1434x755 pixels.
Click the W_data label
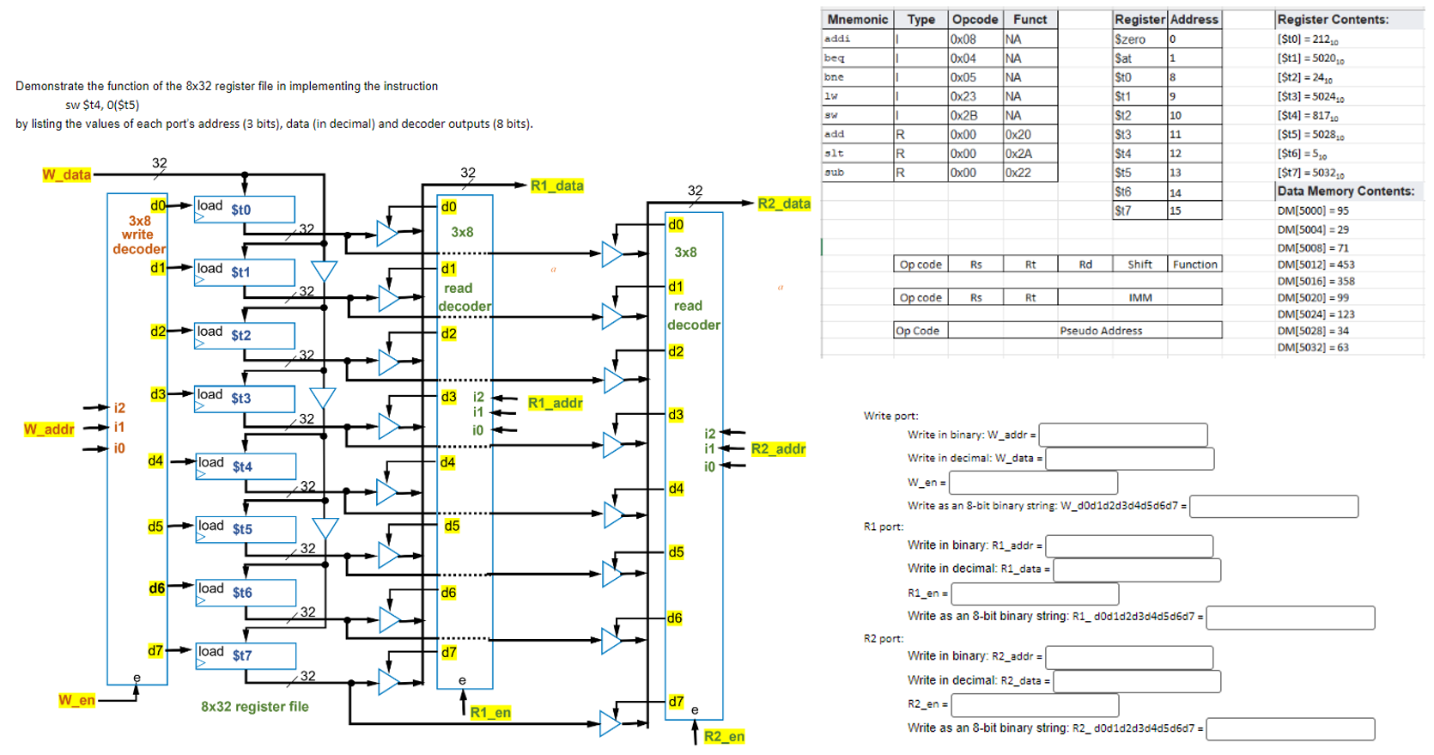[x=66, y=174]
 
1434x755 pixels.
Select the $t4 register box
[x=246, y=466]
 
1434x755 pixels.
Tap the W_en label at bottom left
[x=76, y=700]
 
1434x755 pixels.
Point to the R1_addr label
[x=555, y=403]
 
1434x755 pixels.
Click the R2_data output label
[x=783, y=204]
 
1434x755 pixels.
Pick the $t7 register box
[x=246, y=655]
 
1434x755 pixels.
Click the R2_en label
[x=724, y=736]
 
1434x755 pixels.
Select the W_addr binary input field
[x=1122, y=435]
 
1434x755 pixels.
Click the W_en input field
[x=1033, y=482]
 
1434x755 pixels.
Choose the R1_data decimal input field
[x=1136, y=569]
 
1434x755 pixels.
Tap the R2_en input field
[x=1035, y=704]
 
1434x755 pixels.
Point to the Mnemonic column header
[x=857, y=19]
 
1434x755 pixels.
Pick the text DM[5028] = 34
[x=1312, y=331]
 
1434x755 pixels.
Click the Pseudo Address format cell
[x=1100, y=331]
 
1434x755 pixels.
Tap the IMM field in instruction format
[x=1139, y=297]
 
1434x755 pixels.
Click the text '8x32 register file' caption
[x=254, y=707]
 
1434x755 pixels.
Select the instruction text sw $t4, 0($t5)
[x=102, y=105]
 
